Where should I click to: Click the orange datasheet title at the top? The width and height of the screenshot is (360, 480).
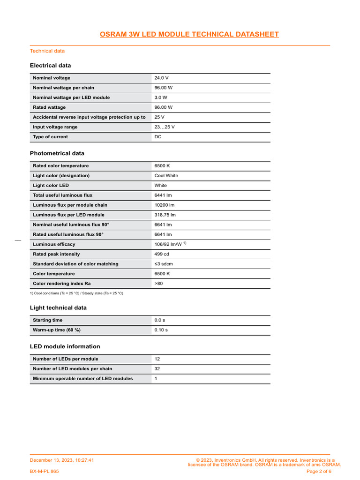click(x=189, y=34)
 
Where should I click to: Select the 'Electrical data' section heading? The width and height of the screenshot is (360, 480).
click(x=50, y=66)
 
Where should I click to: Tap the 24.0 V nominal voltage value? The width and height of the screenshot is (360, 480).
click(x=161, y=78)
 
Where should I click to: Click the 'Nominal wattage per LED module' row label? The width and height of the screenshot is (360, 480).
click(x=71, y=97)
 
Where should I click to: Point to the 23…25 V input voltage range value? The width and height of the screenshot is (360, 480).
click(x=165, y=127)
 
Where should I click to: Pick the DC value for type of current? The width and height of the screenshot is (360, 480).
click(x=158, y=137)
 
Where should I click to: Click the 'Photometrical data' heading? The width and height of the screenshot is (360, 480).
click(x=57, y=153)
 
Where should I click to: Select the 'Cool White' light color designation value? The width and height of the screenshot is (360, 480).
click(x=166, y=176)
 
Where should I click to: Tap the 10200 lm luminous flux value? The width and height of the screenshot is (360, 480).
click(x=165, y=205)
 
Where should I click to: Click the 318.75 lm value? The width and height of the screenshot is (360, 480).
click(x=165, y=215)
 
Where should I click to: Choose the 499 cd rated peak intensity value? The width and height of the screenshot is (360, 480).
click(x=162, y=254)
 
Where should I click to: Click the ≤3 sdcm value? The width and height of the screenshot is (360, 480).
click(x=164, y=264)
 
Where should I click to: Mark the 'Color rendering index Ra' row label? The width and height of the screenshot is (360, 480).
click(x=62, y=284)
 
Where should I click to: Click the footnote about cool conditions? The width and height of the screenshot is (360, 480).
click(x=76, y=293)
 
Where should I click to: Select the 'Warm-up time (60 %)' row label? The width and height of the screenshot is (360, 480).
click(x=57, y=330)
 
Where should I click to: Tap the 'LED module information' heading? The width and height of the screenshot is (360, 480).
click(x=65, y=346)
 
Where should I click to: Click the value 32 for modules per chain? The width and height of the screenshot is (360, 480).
click(x=157, y=369)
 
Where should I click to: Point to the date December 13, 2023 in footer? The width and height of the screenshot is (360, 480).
click(x=62, y=460)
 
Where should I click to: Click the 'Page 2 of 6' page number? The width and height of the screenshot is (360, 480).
click(x=319, y=471)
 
